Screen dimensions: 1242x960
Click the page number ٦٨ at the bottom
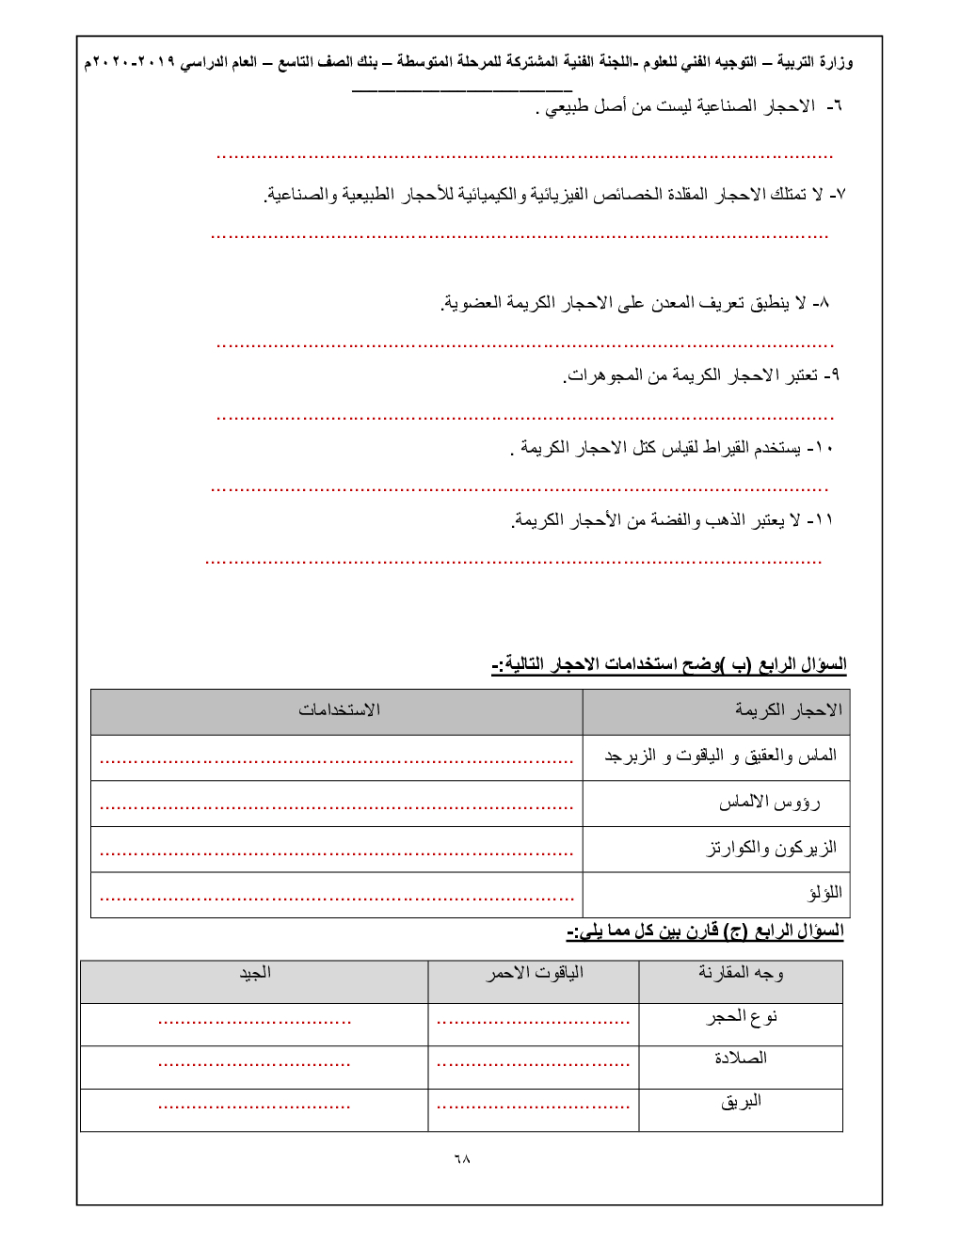click(461, 1158)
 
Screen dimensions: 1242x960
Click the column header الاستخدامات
click(339, 710)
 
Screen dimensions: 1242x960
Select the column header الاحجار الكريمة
click(789, 710)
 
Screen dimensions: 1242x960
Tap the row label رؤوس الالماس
click(769, 803)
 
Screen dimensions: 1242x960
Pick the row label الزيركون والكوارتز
click(771, 849)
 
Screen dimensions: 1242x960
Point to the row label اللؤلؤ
click(824, 893)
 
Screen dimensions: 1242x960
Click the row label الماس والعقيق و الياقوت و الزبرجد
click(720, 756)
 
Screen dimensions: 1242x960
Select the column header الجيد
click(254, 973)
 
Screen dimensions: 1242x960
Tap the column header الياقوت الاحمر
click(534, 973)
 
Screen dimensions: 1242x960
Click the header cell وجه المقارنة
click(741, 973)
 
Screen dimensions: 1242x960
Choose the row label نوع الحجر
click(742, 1017)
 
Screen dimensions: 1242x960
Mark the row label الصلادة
click(741, 1059)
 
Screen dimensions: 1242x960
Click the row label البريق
click(741, 1101)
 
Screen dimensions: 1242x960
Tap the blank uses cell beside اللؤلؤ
click(336, 895)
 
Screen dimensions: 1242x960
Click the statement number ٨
click(821, 303)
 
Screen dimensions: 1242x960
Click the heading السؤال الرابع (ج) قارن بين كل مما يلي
click(705, 931)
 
